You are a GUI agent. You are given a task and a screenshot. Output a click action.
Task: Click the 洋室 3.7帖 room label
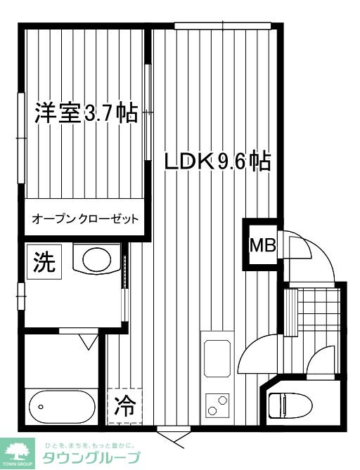pos(86,114)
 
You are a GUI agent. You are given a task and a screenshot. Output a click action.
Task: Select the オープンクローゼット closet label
pos(85,218)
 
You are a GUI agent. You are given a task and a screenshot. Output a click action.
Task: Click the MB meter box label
pos(262,246)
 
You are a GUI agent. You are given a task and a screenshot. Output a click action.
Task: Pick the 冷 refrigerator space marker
pos(124,405)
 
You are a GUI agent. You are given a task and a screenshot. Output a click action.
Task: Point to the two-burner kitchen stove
pos(217,404)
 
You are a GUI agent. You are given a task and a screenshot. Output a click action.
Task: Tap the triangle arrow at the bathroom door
pos(88,342)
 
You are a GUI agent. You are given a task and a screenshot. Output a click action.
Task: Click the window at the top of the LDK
pos(221,26)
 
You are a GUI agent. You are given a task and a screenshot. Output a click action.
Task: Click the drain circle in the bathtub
pos(41,407)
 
